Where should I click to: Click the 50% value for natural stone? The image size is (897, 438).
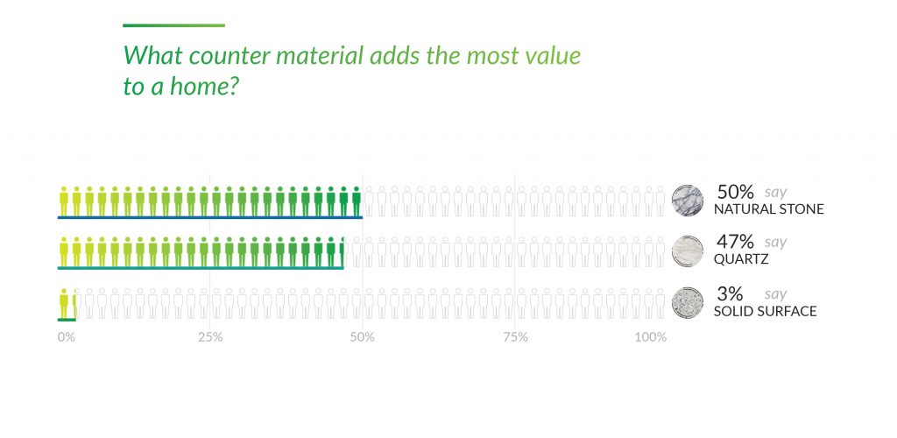coord(735,192)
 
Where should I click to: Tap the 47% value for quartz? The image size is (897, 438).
coord(734,243)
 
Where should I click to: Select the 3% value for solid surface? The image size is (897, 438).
coord(730,293)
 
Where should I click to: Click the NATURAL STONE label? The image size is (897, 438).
coord(768,210)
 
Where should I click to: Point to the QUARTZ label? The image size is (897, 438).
coord(742,260)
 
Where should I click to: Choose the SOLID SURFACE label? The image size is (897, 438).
coord(765,311)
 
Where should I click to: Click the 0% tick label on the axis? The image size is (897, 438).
coord(67,337)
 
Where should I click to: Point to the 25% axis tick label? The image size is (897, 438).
coord(209,337)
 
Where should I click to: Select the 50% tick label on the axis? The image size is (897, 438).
coord(362,337)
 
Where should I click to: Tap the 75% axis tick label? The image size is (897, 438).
coord(515,337)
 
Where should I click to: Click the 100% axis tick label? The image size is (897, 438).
coord(651,337)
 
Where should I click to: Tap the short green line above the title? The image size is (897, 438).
coord(173,25)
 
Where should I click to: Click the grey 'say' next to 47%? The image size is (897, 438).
coord(775,243)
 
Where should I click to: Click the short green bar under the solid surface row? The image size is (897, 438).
coord(67,320)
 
